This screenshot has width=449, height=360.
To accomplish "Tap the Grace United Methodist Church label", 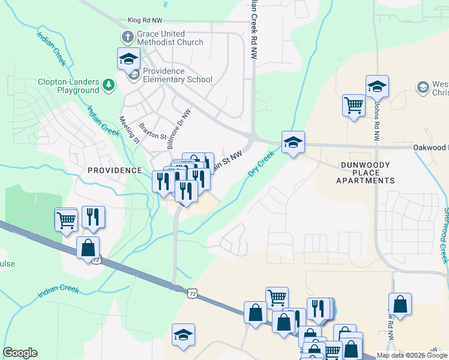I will click(170, 38).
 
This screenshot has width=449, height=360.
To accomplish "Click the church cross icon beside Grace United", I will click(127, 37).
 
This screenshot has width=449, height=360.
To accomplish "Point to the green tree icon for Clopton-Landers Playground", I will click(109, 85).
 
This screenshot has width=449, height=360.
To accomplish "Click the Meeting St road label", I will click(129, 130).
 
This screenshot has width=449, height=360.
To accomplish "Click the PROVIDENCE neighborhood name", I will click(115, 170).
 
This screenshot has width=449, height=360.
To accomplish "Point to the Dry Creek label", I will click(261, 164).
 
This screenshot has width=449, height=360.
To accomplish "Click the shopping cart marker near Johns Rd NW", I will click(354, 106).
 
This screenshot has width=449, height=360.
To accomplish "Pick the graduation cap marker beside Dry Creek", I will click(293, 142).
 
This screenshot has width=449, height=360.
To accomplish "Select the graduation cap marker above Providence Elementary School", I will click(128, 58).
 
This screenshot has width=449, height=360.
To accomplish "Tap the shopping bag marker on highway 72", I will click(88, 247).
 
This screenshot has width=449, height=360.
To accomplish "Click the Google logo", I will click(20, 353).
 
